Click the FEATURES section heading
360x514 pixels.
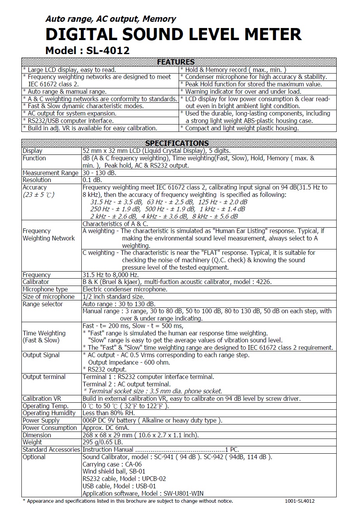[x=176, y=62]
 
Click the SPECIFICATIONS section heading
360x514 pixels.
[x=177, y=143]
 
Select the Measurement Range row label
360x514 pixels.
[x=51, y=173]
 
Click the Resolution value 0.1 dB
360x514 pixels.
[x=92, y=180]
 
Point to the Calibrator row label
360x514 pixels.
[x=36, y=282]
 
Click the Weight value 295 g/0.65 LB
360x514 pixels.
[x=103, y=442]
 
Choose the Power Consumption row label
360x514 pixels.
[x=50, y=428]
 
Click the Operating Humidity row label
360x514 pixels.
[x=49, y=413]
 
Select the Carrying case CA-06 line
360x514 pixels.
[x=112, y=464]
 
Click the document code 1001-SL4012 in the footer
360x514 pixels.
[x=300, y=501]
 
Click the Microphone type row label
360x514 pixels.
[x=45, y=289]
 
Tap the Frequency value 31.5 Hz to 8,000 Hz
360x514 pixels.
[x=111, y=275]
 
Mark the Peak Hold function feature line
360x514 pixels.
[x=253, y=84]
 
